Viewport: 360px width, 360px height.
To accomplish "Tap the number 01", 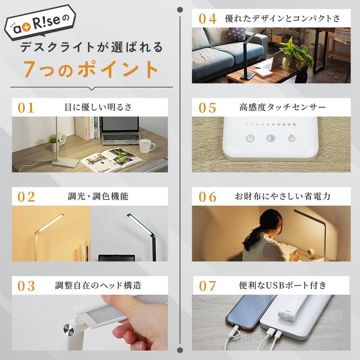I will click(26, 108).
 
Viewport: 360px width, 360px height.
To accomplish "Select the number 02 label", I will click(26, 197).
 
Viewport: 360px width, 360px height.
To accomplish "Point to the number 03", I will click(26, 285).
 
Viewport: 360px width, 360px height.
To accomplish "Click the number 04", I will click(207, 18).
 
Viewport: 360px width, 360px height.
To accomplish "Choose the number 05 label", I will click(207, 108).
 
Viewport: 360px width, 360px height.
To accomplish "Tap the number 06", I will click(207, 197).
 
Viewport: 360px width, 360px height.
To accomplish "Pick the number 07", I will click(207, 285).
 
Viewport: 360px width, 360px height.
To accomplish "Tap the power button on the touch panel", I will click(251, 139).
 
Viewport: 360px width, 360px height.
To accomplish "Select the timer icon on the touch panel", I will click(292, 139).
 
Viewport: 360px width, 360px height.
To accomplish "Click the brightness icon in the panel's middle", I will click(271, 139).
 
